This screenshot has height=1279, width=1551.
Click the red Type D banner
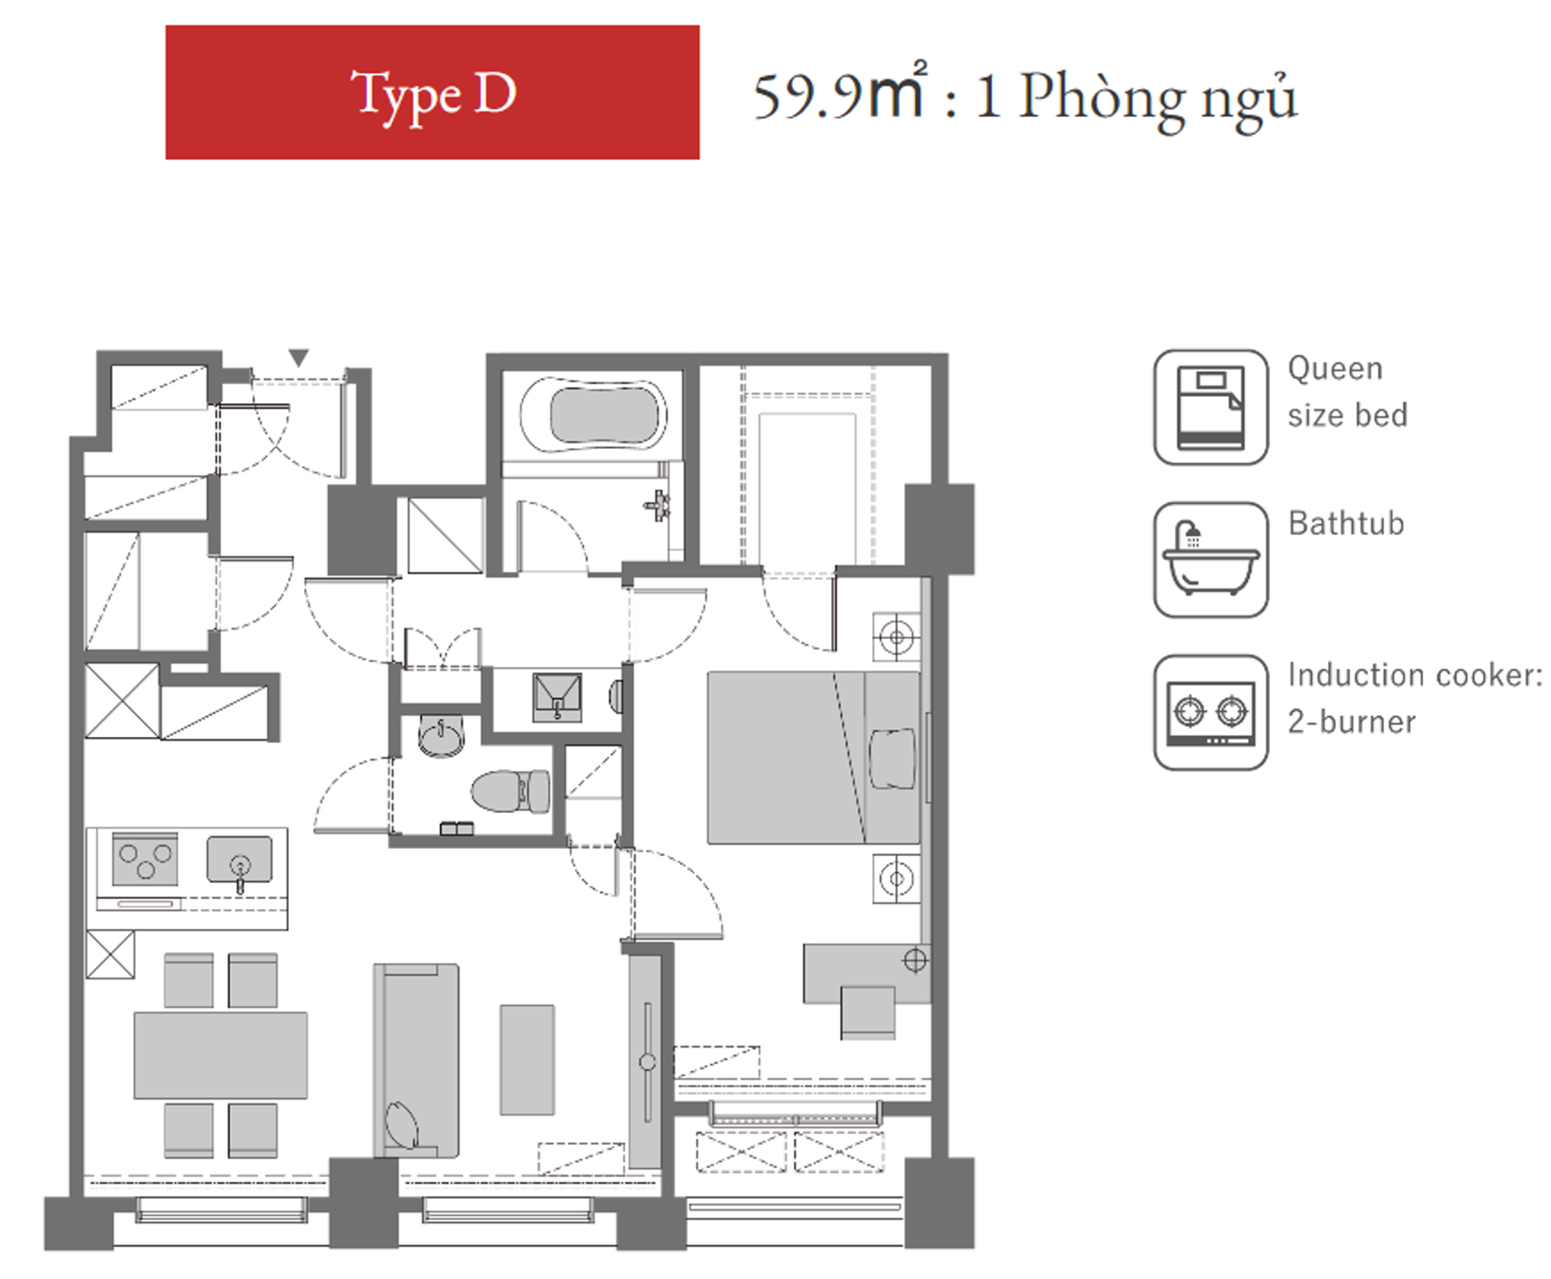tap(432, 92)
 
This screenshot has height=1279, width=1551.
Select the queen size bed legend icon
tap(1211, 407)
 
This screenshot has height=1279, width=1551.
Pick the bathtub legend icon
tap(1211, 559)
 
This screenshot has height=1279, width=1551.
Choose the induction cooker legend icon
tap(1211, 712)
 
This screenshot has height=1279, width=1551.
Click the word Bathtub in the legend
tap(1346, 523)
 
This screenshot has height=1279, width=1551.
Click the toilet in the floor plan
tap(511, 791)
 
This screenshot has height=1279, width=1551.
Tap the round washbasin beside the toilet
tap(442, 736)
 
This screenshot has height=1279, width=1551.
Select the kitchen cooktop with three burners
tap(145, 858)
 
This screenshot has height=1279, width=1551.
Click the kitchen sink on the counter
tap(240, 860)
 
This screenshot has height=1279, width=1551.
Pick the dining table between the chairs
tap(221, 1055)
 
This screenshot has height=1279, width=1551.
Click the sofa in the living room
tap(416, 1061)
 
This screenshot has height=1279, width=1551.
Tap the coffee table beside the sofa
tap(527, 1060)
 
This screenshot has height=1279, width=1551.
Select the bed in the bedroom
tap(813, 758)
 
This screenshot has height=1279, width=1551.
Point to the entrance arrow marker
tap(299, 358)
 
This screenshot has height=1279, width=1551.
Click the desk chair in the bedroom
tap(868, 1012)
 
